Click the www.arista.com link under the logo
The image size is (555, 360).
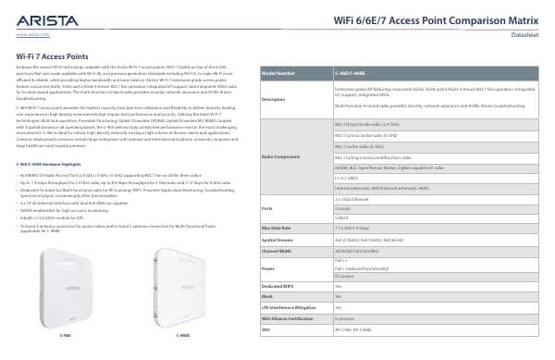33,33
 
